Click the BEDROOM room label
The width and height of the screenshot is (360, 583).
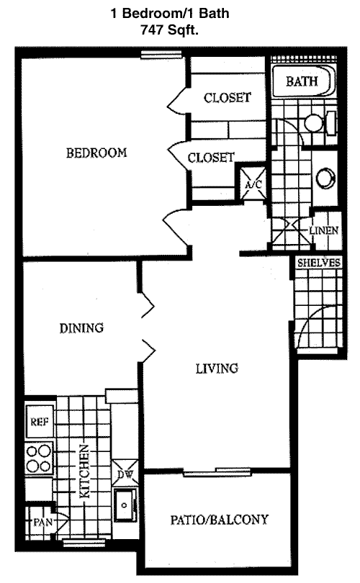(x=96, y=153)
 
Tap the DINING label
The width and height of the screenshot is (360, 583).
(x=81, y=328)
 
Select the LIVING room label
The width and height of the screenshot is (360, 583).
(x=217, y=368)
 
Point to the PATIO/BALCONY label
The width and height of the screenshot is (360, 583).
(x=219, y=520)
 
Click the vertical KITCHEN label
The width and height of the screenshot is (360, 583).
(x=85, y=471)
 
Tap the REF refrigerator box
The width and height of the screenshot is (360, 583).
(x=40, y=421)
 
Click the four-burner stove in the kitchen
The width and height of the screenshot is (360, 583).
(x=39, y=458)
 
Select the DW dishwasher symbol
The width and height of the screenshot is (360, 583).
(x=125, y=473)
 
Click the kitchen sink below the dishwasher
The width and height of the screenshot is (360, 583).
(x=125, y=505)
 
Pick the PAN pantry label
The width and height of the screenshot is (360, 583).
(x=42, y=523)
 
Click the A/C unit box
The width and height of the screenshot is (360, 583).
(x=253, y=183)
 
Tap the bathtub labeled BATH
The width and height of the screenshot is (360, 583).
(x=302, y=81)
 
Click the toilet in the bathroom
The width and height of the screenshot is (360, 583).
(x=320, y=122)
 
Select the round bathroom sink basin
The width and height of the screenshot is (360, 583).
(x=325, y=178)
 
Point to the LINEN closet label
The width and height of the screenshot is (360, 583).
(x=323, y=230)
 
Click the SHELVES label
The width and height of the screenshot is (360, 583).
(x=319, y=263)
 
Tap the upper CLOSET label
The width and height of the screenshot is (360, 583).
(x=228, y=97)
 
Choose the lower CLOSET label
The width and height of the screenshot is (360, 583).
(x=211, y=158)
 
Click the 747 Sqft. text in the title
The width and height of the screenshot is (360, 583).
(x=169, y=30)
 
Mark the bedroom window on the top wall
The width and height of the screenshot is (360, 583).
(x=161, y=54)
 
